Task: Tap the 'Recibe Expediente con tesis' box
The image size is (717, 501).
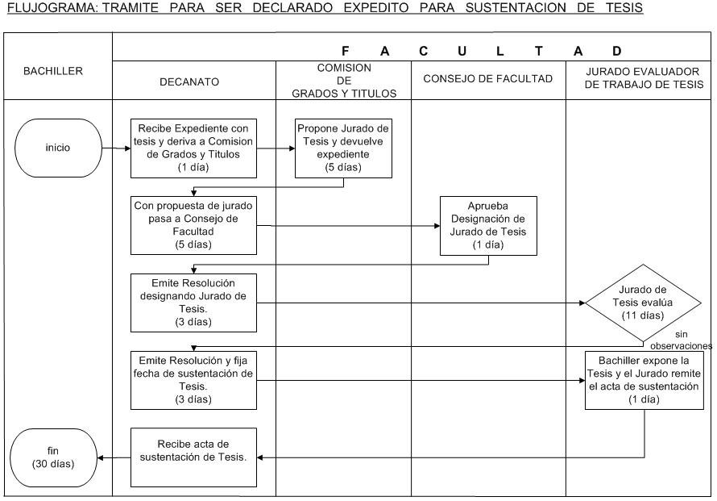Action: (x=194, y=148)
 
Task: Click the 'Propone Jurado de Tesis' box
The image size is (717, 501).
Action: (x=344, y=148)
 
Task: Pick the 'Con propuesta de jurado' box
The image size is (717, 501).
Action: (x=194, y=223)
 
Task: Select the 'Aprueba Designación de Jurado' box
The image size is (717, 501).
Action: (x=488, y=224)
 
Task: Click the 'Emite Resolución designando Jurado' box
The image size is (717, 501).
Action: (x=194, y=303)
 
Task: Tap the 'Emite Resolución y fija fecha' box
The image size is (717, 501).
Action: (x=194, y=378)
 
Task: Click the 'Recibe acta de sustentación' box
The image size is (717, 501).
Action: (x=194, y=457)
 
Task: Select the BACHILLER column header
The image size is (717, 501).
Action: (x=56, y=71)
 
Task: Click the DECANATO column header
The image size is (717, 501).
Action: (x=193, y=81)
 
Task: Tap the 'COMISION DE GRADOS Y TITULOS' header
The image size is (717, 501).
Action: (x=344, y=81)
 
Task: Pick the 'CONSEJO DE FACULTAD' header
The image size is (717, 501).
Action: (x=487, y=79)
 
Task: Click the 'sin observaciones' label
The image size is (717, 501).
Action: (x=684, y=340)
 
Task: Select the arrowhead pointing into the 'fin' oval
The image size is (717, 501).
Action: (x=101, y=457)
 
